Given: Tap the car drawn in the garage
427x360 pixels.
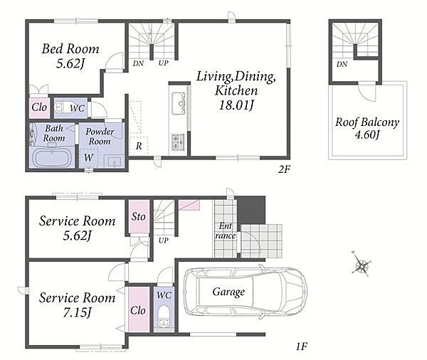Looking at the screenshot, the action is (x=246, y=292).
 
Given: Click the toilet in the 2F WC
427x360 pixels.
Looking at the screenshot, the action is (x=62, y=107).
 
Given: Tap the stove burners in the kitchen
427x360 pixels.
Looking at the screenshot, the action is (x=178, y=142).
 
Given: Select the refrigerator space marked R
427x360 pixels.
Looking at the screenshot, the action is (x=139, y=146).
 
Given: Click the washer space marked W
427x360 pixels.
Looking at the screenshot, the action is (x=88, y=158).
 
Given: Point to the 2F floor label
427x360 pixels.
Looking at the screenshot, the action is (x=284, y=169).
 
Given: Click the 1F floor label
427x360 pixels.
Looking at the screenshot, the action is (x=302, y=346).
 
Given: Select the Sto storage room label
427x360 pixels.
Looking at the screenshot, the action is (x=138, y=217).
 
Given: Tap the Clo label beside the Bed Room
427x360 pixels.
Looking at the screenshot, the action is (x=39, y=107).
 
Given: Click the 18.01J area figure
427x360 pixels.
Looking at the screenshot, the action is (x=236, y=105).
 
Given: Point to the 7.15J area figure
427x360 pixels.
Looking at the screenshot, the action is (x=77, y=312).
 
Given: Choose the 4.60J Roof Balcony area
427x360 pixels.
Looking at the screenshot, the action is (x=367, y=134).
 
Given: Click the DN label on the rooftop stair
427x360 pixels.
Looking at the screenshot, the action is (x=342, y=64).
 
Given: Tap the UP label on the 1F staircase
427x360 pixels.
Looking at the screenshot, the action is (x=164, y=240).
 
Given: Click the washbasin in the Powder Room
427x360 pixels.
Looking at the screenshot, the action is (x=114, y=162).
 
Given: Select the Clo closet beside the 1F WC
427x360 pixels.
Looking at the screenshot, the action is (x=139, y=309).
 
